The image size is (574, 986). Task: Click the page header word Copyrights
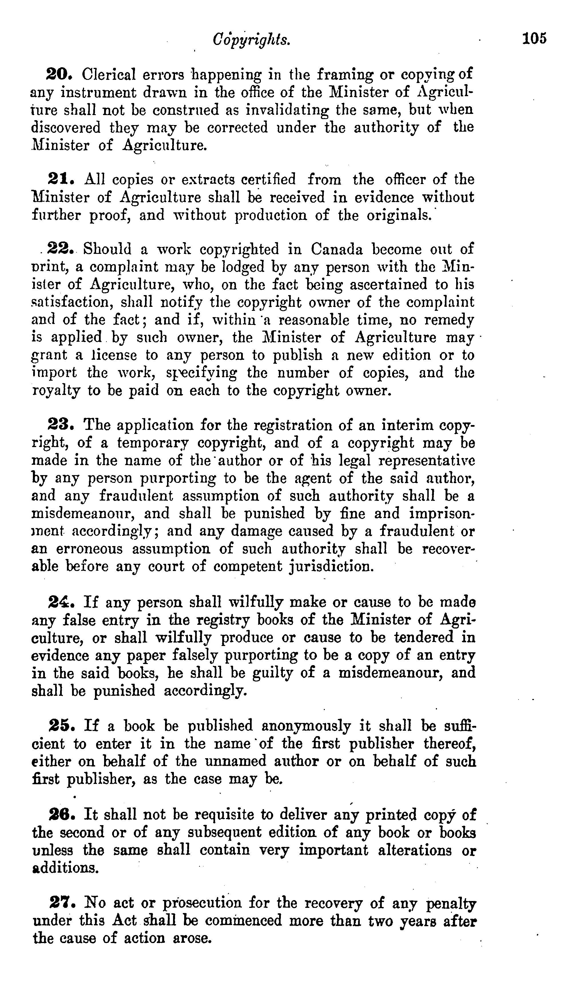point(251,39)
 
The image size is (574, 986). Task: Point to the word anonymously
point(306,726)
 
